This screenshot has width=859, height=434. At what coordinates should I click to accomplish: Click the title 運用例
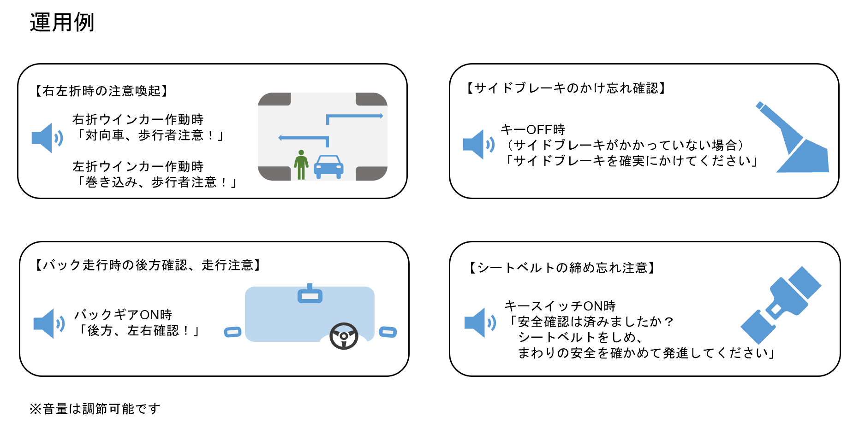click(62, 22)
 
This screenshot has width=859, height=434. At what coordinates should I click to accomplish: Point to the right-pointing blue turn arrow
click(354, 117)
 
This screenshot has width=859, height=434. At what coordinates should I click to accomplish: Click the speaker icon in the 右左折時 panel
click(47, 138)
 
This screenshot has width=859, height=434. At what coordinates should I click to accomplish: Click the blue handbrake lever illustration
click(796, 141)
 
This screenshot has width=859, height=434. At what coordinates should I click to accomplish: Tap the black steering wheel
click(344, 336)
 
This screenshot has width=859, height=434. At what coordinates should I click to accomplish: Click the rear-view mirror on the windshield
click(310, 295)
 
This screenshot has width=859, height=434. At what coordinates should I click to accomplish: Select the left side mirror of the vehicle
click(233, 332)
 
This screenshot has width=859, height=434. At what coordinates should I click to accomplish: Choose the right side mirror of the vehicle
click(388, 332)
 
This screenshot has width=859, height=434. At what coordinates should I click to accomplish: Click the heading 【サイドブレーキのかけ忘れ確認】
click(566, 88)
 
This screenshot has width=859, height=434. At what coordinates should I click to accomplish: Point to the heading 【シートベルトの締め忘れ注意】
click(562, 268)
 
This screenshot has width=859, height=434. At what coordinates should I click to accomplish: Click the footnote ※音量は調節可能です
click(95, 409)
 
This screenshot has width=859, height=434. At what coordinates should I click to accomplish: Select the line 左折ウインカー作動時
click(138, 166)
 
